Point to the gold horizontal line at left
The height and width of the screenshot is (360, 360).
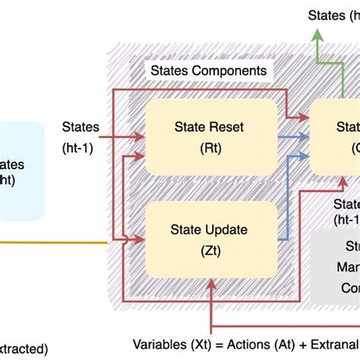pos(53,243)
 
